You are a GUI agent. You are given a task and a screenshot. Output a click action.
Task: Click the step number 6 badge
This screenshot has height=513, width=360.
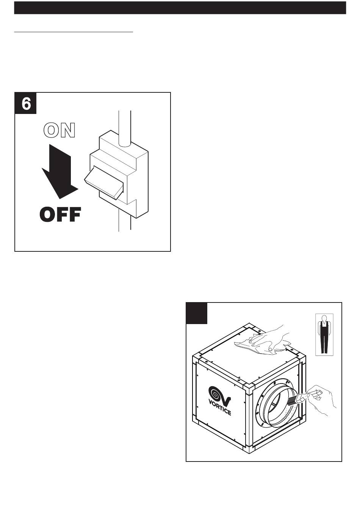[x=26, y=103]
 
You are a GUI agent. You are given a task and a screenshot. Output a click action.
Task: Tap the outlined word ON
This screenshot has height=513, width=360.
[x=59, y=130]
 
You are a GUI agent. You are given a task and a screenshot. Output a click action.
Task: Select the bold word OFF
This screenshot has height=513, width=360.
[x=60, y=215]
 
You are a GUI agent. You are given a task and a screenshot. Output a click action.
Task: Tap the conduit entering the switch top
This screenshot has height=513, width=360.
[x=125, y=127]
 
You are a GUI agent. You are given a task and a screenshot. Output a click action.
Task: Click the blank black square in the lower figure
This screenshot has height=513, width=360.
[x=197, y=313]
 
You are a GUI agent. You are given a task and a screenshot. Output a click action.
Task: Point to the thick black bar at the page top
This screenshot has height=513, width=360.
[x=180, y=8]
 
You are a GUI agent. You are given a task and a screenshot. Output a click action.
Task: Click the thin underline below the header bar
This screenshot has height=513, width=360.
[x=74, y=33]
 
